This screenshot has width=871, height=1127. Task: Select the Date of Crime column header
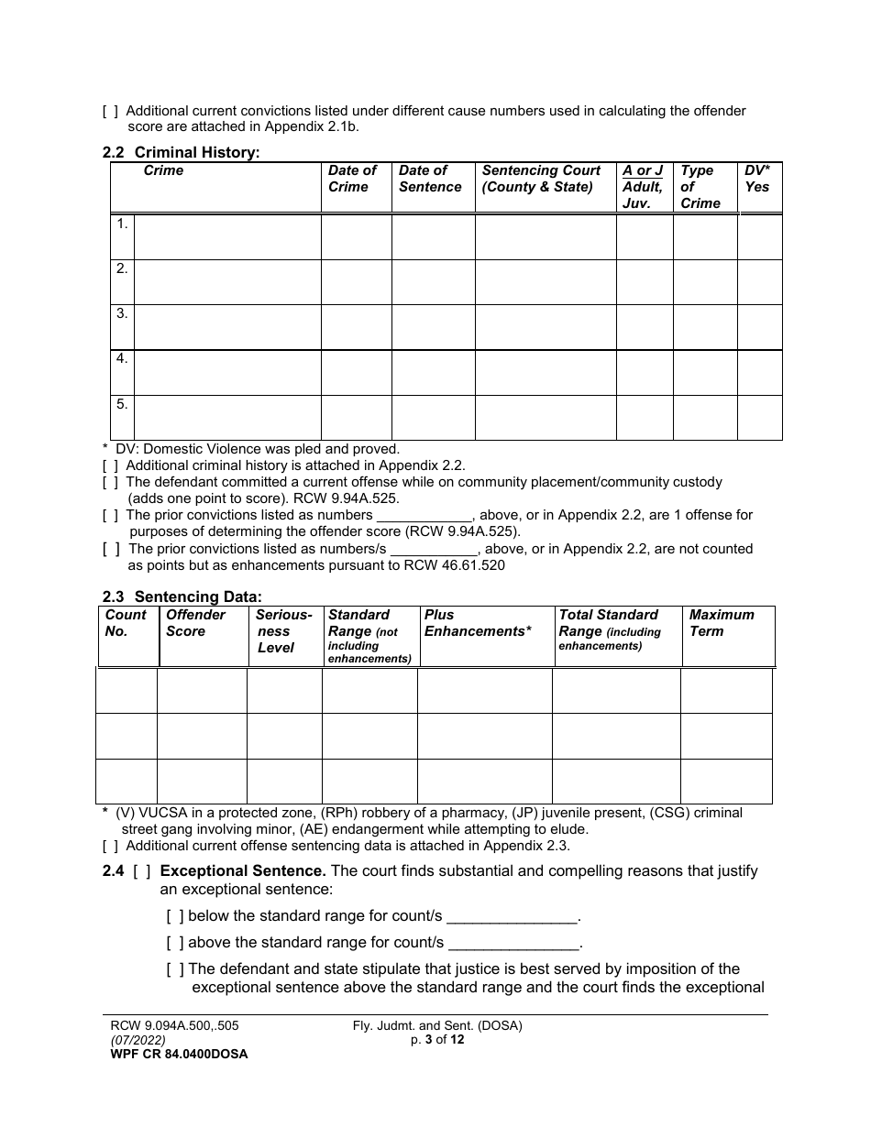[x=353, y=179]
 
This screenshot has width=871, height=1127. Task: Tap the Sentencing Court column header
[x=541, y=179]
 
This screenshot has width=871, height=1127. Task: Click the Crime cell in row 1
[x=227, y=237]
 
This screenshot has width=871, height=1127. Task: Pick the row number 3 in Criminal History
[x=122, y=314]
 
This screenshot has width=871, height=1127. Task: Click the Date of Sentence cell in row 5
[x=433, y=418]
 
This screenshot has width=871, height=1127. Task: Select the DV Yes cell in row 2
[x=759, y=282]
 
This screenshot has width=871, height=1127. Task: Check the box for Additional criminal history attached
[x=110, y=465]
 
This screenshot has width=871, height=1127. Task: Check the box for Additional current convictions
[x=110, y=111]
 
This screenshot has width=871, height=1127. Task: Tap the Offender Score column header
[x=195, y=623]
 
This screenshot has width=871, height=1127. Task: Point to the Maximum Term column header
[x=722, y=623]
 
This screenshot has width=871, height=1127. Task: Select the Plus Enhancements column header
[x=478, y=623]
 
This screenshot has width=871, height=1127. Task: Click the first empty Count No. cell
[x=127, y=691]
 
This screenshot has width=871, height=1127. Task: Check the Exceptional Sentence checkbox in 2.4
[x=142, y=871]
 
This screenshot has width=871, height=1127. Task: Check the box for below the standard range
[x=175, y=916]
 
